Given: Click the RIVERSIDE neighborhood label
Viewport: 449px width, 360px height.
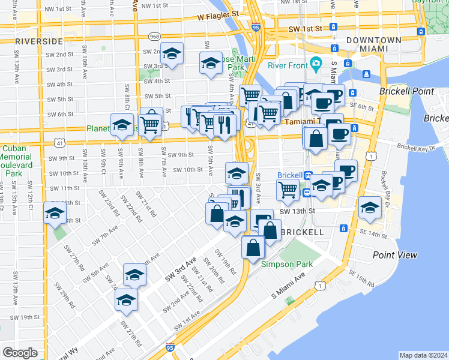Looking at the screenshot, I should tap(39, 41).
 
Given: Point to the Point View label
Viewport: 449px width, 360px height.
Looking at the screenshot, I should tap(394, 255).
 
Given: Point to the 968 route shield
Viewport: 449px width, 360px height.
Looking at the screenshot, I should tap(154, 36).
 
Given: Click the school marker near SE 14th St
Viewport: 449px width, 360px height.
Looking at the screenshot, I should tap(370, 208).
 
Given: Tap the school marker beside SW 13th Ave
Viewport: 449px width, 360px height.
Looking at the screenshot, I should tap(55, 213).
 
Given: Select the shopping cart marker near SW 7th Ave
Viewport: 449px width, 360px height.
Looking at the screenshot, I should tap(151, 124).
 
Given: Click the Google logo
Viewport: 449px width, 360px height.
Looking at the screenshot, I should tap(20, 353).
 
